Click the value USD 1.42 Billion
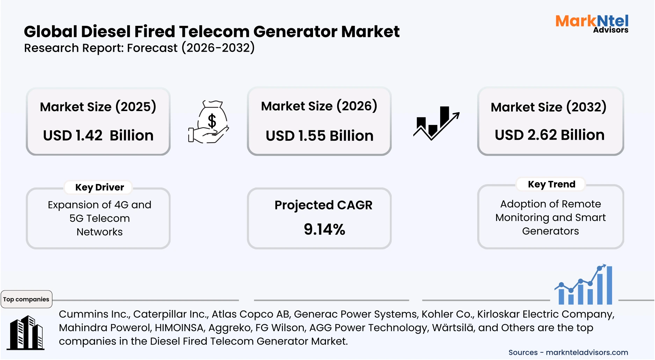pyautogui.click(x=98, y=135)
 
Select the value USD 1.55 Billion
pyautogui.click(x=319, y=136)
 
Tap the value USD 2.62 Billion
pyautogui.click(x=550, y=135)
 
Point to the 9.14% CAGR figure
pyautogui.click(x=324, y=229)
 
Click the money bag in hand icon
pyautogui.click(x=209, y=122)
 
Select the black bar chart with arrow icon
pyautogui.click(x=436, y=123)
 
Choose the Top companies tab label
pyautogui.click(x=26, y=299)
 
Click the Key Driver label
pyautogui.click(x=100, y=188)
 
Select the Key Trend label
pyautogui.click(x=551, y=184)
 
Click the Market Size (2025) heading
pyautogui.click(x=98, y=107)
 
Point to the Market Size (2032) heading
pyautogui.click(x=548, y=107)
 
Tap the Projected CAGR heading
pyautogui.click(x=323, y=205)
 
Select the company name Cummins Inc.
pyautogui.click(x=94, y=314)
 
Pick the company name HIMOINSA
pyautogui.click(x=179, y=328)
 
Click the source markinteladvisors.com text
pyautogui.click(x=587, y=353)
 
